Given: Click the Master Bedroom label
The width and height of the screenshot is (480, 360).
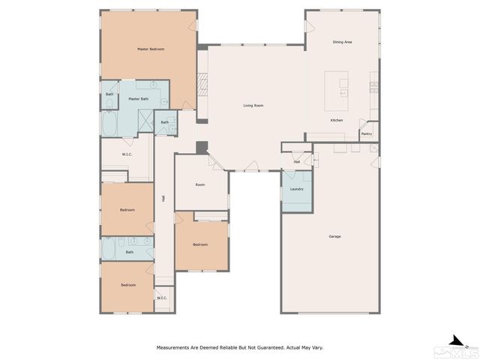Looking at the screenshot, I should (x=151, y=49).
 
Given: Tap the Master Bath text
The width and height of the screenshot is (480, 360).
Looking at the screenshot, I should (x=138, y=99).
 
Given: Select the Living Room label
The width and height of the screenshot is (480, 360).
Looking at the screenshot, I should (x=253, y=106).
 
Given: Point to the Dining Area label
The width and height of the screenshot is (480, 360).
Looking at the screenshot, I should (x=342, y=42).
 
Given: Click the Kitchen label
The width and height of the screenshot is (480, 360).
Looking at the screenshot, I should (x=337, y=120).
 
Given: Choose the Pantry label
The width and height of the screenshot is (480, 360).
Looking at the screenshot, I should (x=366, y=134).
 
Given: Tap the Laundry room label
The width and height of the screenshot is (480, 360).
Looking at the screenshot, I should (x=295, y=189).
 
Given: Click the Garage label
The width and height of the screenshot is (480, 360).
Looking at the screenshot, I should (x=334, y=237).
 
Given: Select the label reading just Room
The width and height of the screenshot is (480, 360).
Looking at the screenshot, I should (x=200, y=184).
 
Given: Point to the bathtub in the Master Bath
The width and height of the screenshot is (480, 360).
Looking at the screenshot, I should (x=109, y=124).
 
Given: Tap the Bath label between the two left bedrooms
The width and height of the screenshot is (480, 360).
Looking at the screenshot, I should (x=129, y=252).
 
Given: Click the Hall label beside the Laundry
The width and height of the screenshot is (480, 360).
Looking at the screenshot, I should (x=296, y=161).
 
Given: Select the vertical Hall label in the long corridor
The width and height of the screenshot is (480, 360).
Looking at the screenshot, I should (x=163, y=199).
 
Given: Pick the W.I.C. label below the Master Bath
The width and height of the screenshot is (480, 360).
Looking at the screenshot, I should (x=127, y=154).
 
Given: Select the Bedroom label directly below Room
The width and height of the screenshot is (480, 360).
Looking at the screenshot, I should (x=199, y=244).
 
